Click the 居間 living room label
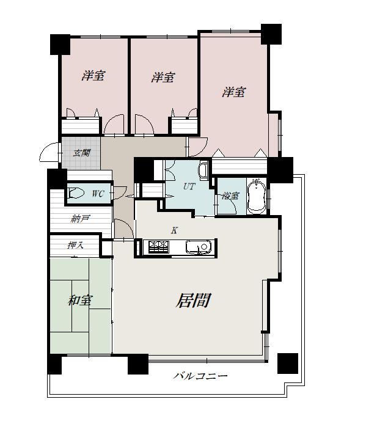click(193, 301)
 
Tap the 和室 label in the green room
click(80, 301)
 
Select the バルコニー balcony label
click(200, 376)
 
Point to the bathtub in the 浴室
click(257, 197)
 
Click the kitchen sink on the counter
click(200, 247)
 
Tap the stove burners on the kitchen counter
click(158, 247)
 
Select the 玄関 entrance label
click(82, 153)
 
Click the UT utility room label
click(189, 186)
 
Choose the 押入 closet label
click(75, 245)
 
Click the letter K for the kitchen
click(174, 230)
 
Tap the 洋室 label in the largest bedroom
click(234, 92)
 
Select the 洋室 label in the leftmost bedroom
click(93, 76)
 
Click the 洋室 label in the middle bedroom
click(163, 77)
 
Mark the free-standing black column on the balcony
click(288, 364)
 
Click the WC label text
click(98, 194)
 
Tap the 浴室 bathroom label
click(231, 196)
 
